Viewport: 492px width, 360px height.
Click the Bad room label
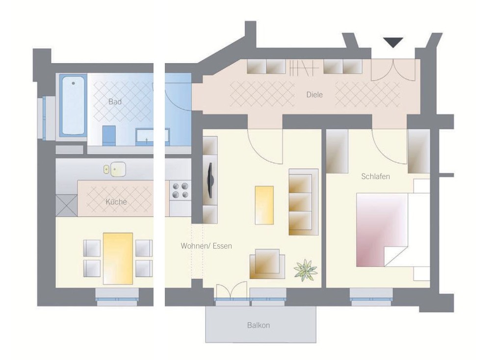point(115,102)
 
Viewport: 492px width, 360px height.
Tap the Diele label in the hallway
point(314,95)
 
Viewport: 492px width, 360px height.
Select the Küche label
point(116,202)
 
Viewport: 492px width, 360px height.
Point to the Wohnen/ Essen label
point(206,246)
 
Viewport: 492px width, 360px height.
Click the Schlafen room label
point(376,177)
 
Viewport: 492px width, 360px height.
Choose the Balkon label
point(259,325)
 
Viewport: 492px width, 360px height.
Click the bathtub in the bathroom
point(73,105)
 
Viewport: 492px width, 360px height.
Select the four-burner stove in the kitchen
point(181,191)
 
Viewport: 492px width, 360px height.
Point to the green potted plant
point(306,270)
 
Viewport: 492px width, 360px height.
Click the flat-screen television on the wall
point(210,180)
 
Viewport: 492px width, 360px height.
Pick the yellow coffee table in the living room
point(264,206)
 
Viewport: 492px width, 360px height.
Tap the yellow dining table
point(118,258)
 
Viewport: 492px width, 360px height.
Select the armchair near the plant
point(267,264)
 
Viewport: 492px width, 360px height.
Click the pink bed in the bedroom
point(382,230)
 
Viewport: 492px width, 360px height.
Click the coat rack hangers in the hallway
point(304,68)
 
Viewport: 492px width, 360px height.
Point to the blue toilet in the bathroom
point(109,135)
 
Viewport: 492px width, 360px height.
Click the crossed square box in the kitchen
point(67,206)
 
